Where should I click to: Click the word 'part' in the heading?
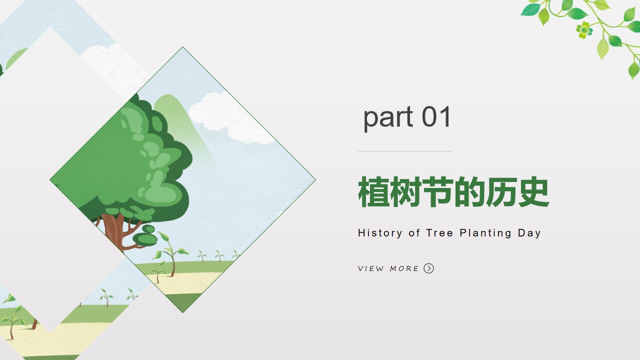coord(388,117)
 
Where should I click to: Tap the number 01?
coord(436,116)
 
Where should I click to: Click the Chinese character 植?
coord(373,191)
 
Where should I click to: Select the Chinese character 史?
coord(533,191)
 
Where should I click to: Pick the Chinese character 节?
coord(437,191)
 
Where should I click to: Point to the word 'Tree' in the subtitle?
coord(439,233)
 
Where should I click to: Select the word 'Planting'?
coord(485,233)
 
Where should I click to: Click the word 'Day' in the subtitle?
coord(529,233)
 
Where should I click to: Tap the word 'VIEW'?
coord(371,268)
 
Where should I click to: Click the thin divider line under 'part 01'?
coord(405,151)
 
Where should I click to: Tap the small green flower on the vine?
coord(584,30)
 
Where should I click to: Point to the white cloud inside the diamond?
coord(228,117)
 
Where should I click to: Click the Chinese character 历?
coord(501,191)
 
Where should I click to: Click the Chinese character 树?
coord(405,191)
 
